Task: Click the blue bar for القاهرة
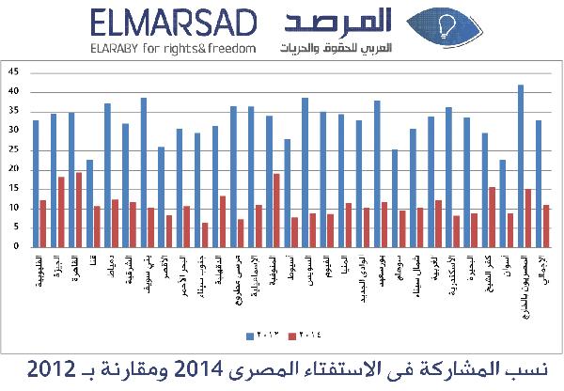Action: coord(71,180)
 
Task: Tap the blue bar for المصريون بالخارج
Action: coord(520,165)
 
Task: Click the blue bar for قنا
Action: coord(89,203)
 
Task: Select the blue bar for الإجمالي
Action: coord(538,183)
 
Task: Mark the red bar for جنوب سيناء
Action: coord(204,234)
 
